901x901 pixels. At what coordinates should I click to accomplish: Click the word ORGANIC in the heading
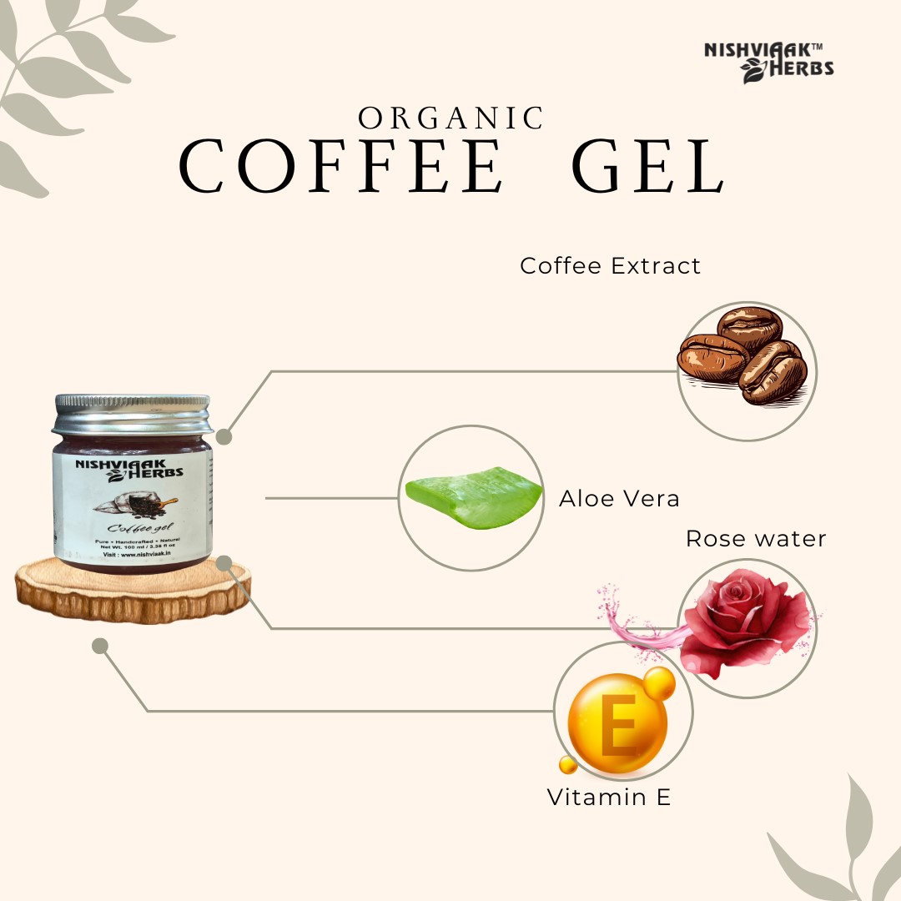pyautogui.click(x=451, y=118)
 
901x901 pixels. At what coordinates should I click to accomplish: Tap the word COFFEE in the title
pyautogui.click(x=342, y=168)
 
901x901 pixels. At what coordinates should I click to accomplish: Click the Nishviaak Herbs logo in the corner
pyautogui.click(x=769, y=61)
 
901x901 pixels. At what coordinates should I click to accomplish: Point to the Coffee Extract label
pyautogui.click(x=610, y=266)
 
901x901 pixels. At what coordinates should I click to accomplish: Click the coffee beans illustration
pyautogui.click(x=745, y=356)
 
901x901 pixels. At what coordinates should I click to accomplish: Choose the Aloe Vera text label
pyautogui.click(x=619, y=499)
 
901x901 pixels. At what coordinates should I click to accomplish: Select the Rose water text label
pyautogui.click(x=756, y=539)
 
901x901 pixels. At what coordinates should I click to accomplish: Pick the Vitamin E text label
pyautogui.click(x=609, y=798)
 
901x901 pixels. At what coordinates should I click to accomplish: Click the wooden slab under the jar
pyautogui.click(x=133, y=592)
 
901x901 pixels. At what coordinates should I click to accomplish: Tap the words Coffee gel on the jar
pyautogui.click(x=133, y=527)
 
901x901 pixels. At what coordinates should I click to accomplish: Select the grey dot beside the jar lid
pyautogui.click(x=224, y=436)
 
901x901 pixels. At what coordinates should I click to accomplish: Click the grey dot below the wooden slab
pyautogui.click(x=100, y=646)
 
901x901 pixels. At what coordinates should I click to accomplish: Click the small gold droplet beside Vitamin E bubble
pyautogui.click(x=568, y=764)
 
